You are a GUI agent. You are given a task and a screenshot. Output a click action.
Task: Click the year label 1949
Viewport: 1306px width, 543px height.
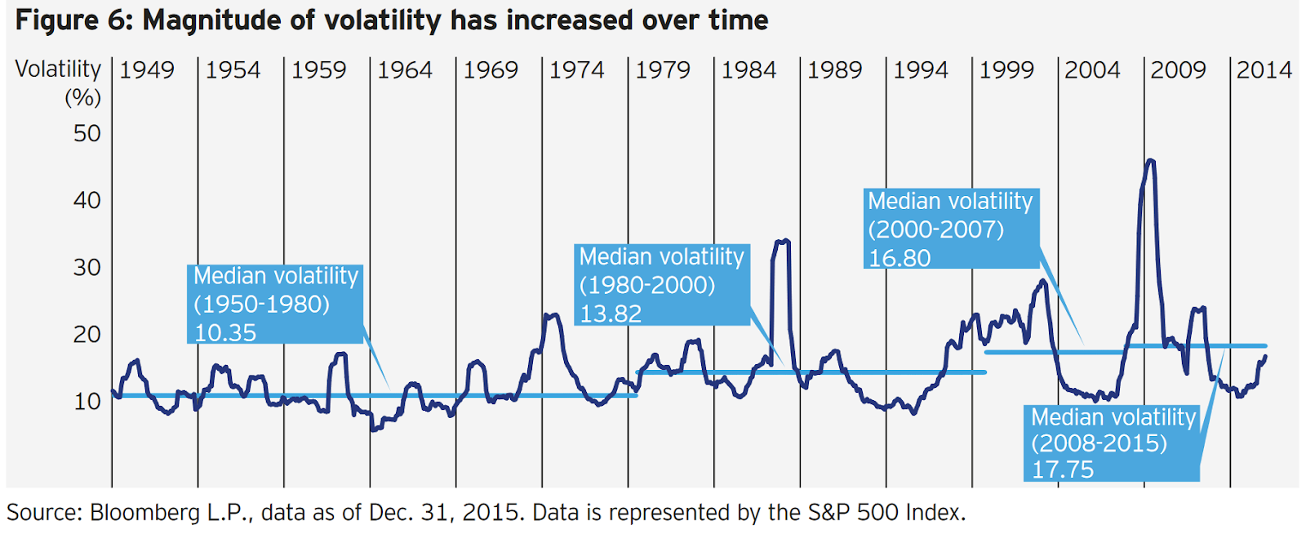click(x=147, y=70)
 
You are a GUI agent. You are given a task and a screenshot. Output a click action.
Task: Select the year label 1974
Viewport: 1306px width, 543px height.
click(x=576, y=70)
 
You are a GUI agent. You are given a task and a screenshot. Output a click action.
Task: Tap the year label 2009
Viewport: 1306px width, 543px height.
click(x=1178, y=70)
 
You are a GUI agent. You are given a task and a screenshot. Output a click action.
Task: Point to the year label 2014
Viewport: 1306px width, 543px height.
click(x=1264, y=70)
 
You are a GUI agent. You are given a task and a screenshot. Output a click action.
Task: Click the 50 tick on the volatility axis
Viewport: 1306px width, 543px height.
click(x=87, y=134)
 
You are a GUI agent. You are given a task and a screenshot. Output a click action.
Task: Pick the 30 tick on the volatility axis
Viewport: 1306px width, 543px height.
click(x=87, y=268)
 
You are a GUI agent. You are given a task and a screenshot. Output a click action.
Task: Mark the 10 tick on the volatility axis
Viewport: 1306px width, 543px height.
click(x=87, y=402)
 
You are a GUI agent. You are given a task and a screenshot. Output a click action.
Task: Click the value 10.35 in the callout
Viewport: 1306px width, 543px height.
click(x=225, y=332)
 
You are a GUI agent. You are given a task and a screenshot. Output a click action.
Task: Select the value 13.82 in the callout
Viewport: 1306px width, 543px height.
click(x=611, y=314)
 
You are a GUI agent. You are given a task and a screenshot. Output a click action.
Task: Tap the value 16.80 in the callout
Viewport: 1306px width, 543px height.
click(x=900, y=258)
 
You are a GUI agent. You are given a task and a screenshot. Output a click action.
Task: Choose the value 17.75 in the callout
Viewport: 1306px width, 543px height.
click(x=1063, y=470)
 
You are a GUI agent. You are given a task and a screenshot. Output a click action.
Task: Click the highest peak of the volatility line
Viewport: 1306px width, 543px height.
click(x=1150, y=161)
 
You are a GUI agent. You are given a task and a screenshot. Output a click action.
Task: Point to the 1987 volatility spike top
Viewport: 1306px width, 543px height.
click(x=782, y=241)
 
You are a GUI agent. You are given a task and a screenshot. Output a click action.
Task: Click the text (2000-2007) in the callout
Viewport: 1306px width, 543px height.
click(x=936, y=229)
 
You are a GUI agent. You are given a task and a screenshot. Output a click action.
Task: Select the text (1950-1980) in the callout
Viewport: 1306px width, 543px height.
click(x=262, y=305)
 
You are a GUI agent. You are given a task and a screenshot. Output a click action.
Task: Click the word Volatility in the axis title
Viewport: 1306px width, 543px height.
click(x=58, y=69)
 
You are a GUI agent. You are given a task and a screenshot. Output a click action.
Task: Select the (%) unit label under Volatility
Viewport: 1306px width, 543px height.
click(x=82, y=98)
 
